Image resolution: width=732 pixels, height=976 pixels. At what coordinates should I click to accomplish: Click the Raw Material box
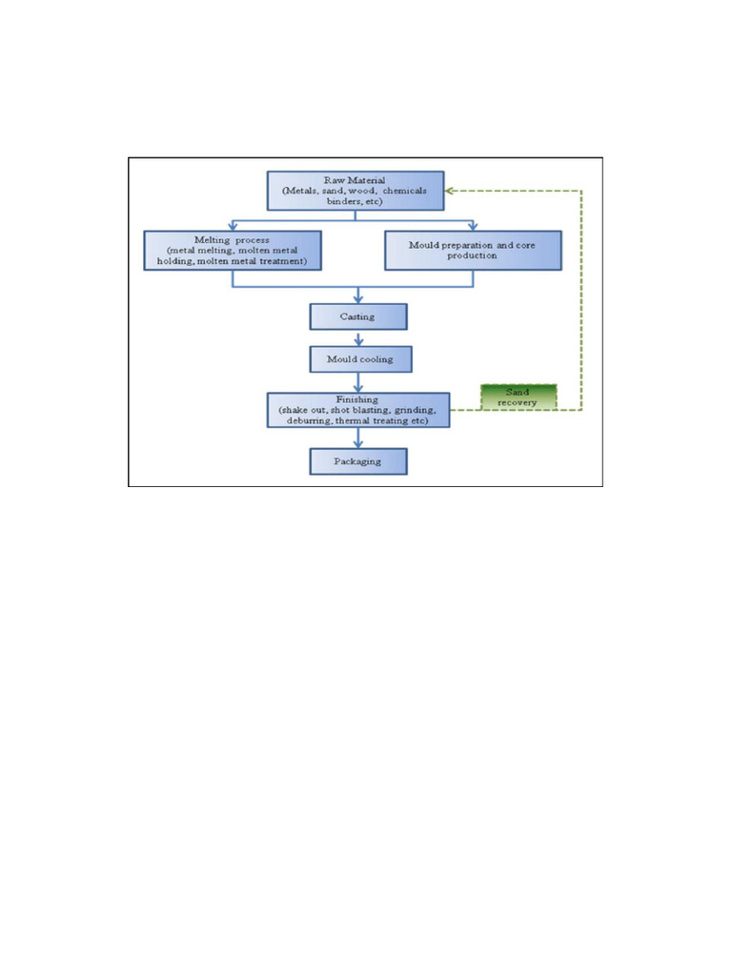point(356,191)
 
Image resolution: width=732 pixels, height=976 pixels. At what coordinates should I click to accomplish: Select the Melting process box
point(234,249)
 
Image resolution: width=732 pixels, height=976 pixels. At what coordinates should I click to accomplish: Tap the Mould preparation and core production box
point(473,250)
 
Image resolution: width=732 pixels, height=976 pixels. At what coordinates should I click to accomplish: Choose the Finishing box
point(358,410)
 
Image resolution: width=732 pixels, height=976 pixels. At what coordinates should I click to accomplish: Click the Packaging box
point(358,461)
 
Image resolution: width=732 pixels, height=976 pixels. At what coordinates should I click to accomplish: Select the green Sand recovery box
point(518,396)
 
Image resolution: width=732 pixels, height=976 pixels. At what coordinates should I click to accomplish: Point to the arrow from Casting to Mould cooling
point(358,337)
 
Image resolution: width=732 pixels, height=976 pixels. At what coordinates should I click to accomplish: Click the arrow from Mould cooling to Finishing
point(358,381)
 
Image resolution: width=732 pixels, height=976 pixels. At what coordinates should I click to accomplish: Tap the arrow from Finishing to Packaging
point(358,438)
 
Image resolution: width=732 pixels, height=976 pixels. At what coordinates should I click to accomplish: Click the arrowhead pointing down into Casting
point(358,297)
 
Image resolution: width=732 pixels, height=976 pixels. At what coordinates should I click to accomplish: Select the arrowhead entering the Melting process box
point(234,226)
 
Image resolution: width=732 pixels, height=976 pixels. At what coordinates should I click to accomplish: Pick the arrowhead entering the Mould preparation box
point(473,226)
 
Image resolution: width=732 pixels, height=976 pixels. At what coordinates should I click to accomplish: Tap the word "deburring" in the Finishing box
point(296,420)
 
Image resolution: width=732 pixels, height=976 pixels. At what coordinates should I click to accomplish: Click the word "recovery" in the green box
point(518,402)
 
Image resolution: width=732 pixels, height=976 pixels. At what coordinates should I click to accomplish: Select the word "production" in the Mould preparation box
point(473,255)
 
